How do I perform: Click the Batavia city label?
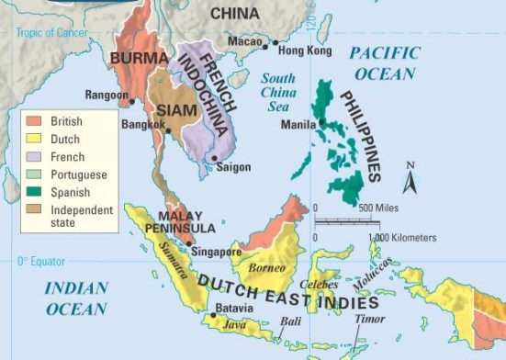233,309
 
